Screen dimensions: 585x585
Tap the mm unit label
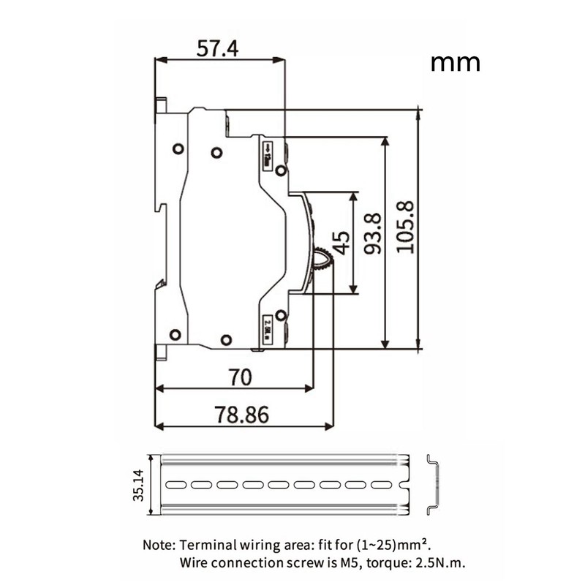point(455,61)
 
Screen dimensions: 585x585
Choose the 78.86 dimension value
point(242,414)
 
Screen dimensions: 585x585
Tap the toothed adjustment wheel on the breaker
point(322,259)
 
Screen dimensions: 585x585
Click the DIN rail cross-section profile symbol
point(433,484)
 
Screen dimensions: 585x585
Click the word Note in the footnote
point(156,545)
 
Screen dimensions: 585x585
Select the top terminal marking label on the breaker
point(268,153)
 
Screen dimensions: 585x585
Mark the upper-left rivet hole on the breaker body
point(178,149)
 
